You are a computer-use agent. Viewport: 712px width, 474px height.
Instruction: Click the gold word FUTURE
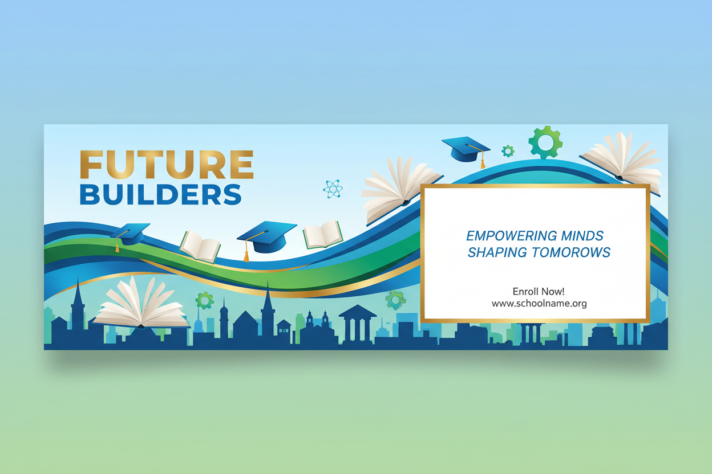point(166,165)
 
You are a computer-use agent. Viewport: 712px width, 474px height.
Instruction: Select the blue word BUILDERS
point(160,194)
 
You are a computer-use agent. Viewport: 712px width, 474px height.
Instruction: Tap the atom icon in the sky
point(332,189)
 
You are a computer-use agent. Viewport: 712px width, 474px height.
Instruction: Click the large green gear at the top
point(545,142)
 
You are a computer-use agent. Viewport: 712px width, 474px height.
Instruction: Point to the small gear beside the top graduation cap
point(508,151)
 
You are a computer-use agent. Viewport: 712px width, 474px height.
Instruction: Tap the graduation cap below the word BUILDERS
point(131,234)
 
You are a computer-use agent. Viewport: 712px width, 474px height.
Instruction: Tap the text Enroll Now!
point(539,292)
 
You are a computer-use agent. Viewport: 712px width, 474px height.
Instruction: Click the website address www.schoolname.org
point(539,304)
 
